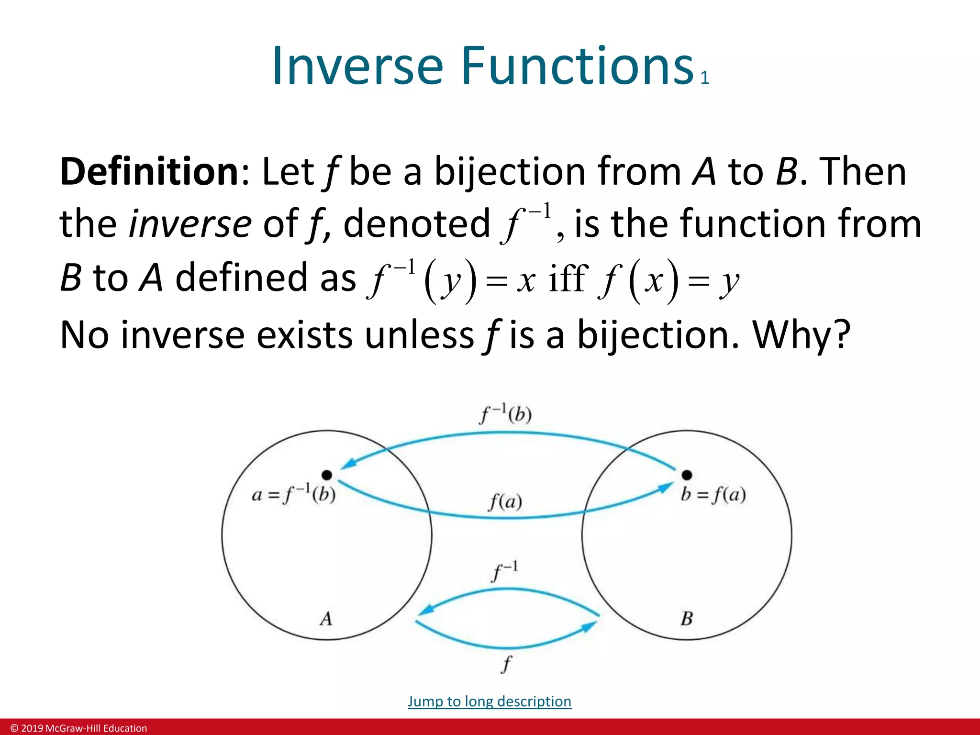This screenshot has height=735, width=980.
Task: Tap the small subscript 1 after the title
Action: click(704, 78)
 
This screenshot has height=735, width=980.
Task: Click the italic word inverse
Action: click(190, 223)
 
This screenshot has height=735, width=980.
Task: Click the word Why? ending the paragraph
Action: click(802, 334)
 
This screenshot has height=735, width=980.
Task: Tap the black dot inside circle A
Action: click(327, 475)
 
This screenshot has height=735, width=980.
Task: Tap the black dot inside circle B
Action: click(687, 475)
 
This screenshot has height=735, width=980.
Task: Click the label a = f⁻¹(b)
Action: click(293, 494)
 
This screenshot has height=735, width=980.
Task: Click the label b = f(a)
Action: click(713, 494)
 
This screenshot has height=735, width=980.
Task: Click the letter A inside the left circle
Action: click(326, 619)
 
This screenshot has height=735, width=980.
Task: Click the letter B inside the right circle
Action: click(687, 619)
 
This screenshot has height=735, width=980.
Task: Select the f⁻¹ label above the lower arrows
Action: click(505, 571)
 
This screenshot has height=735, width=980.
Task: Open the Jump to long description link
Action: click(490, 701)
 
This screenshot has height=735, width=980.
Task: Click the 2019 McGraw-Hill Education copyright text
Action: click(79, 728)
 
